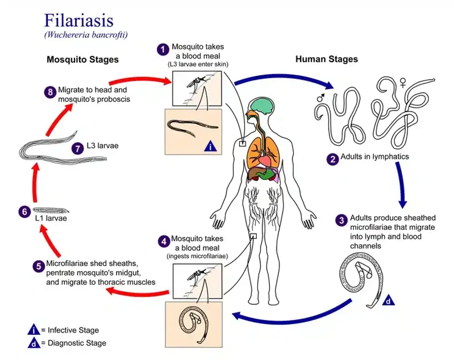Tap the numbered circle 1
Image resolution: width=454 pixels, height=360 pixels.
162,49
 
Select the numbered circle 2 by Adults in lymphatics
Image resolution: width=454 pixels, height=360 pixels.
332,159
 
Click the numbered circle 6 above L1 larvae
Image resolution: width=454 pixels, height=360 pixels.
24,212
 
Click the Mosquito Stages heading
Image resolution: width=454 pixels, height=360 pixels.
83,60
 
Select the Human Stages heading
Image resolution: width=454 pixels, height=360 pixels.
326,59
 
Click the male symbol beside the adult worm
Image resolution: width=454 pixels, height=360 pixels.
319,95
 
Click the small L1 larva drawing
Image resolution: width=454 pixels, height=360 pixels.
51,210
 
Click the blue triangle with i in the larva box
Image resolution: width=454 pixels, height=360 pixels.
210,146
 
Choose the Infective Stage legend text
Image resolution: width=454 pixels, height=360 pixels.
73,330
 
